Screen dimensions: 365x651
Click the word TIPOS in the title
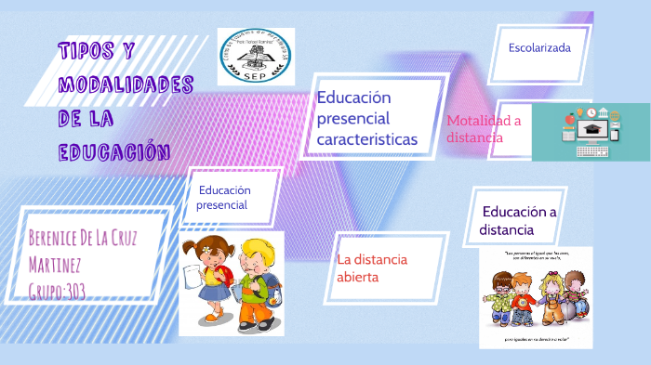(x=86, y=50)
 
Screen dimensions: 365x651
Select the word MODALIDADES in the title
(x=126, y=85)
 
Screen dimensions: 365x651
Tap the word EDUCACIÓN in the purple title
(x=114, y=151)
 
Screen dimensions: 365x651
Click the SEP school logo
(x=255, y=56)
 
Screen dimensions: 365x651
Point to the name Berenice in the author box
(x=60, y=235)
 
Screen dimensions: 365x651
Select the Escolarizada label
(x=539, y=46)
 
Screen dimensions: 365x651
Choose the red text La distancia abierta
(x=372, y=267)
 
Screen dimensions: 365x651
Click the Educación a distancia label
(x=518, y=220)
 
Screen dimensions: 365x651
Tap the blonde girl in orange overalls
(x=552, y=297)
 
